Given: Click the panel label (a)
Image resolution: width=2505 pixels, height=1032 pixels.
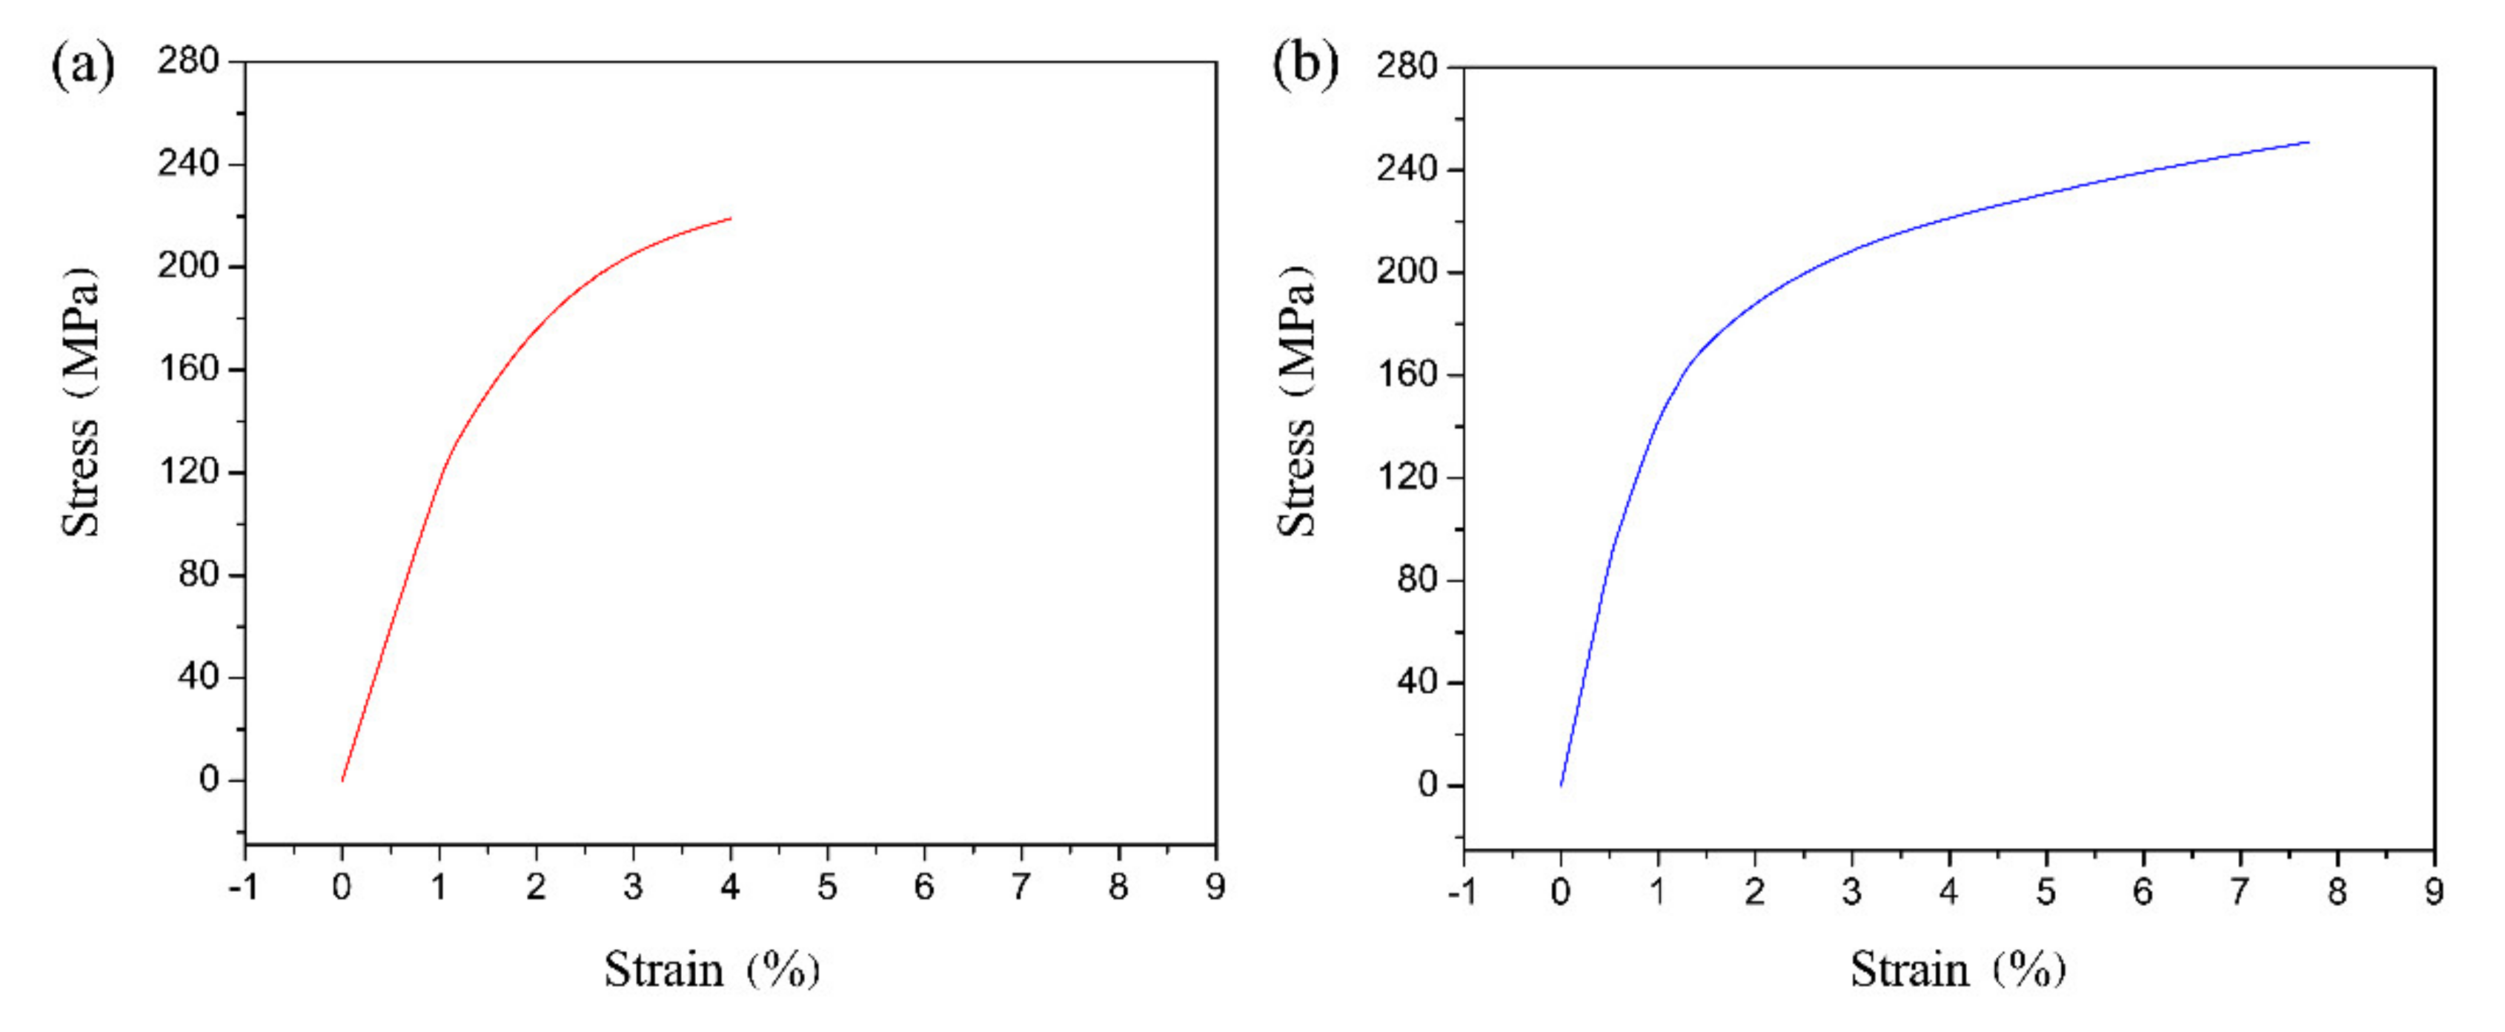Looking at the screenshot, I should pos(83,66).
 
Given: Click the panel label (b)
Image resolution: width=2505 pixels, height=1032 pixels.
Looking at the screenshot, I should pos(1305,66).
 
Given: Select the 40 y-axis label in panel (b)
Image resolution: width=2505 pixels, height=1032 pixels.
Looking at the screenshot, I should pos(1418,682).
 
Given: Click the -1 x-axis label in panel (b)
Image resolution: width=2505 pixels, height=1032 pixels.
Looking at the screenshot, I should pos(1462,892).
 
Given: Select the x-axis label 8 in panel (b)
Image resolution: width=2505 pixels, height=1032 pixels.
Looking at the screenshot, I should pos(2337,892).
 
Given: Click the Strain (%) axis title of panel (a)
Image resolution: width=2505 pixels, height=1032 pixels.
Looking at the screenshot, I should pos(711,970).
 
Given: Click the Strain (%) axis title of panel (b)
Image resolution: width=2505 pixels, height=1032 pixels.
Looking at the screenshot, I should pos(1957,970).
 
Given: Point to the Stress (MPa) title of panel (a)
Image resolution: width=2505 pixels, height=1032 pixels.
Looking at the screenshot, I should pos(81,401).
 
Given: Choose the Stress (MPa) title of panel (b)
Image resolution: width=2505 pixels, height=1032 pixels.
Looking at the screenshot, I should pos(1297,401).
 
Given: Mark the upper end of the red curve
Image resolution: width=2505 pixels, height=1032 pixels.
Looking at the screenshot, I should pos(730,218).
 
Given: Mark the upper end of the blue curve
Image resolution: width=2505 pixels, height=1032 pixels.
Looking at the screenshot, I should pos(2308,143).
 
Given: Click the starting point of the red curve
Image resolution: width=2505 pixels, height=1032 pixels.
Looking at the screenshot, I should pos(342,780).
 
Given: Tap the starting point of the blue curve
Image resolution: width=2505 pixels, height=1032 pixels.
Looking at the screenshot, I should pos(1561,785).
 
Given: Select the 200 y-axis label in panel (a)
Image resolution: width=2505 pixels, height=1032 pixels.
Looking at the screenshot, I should pos(189,265).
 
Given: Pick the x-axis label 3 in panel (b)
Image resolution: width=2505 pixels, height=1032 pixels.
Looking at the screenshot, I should pos(1851,892).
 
